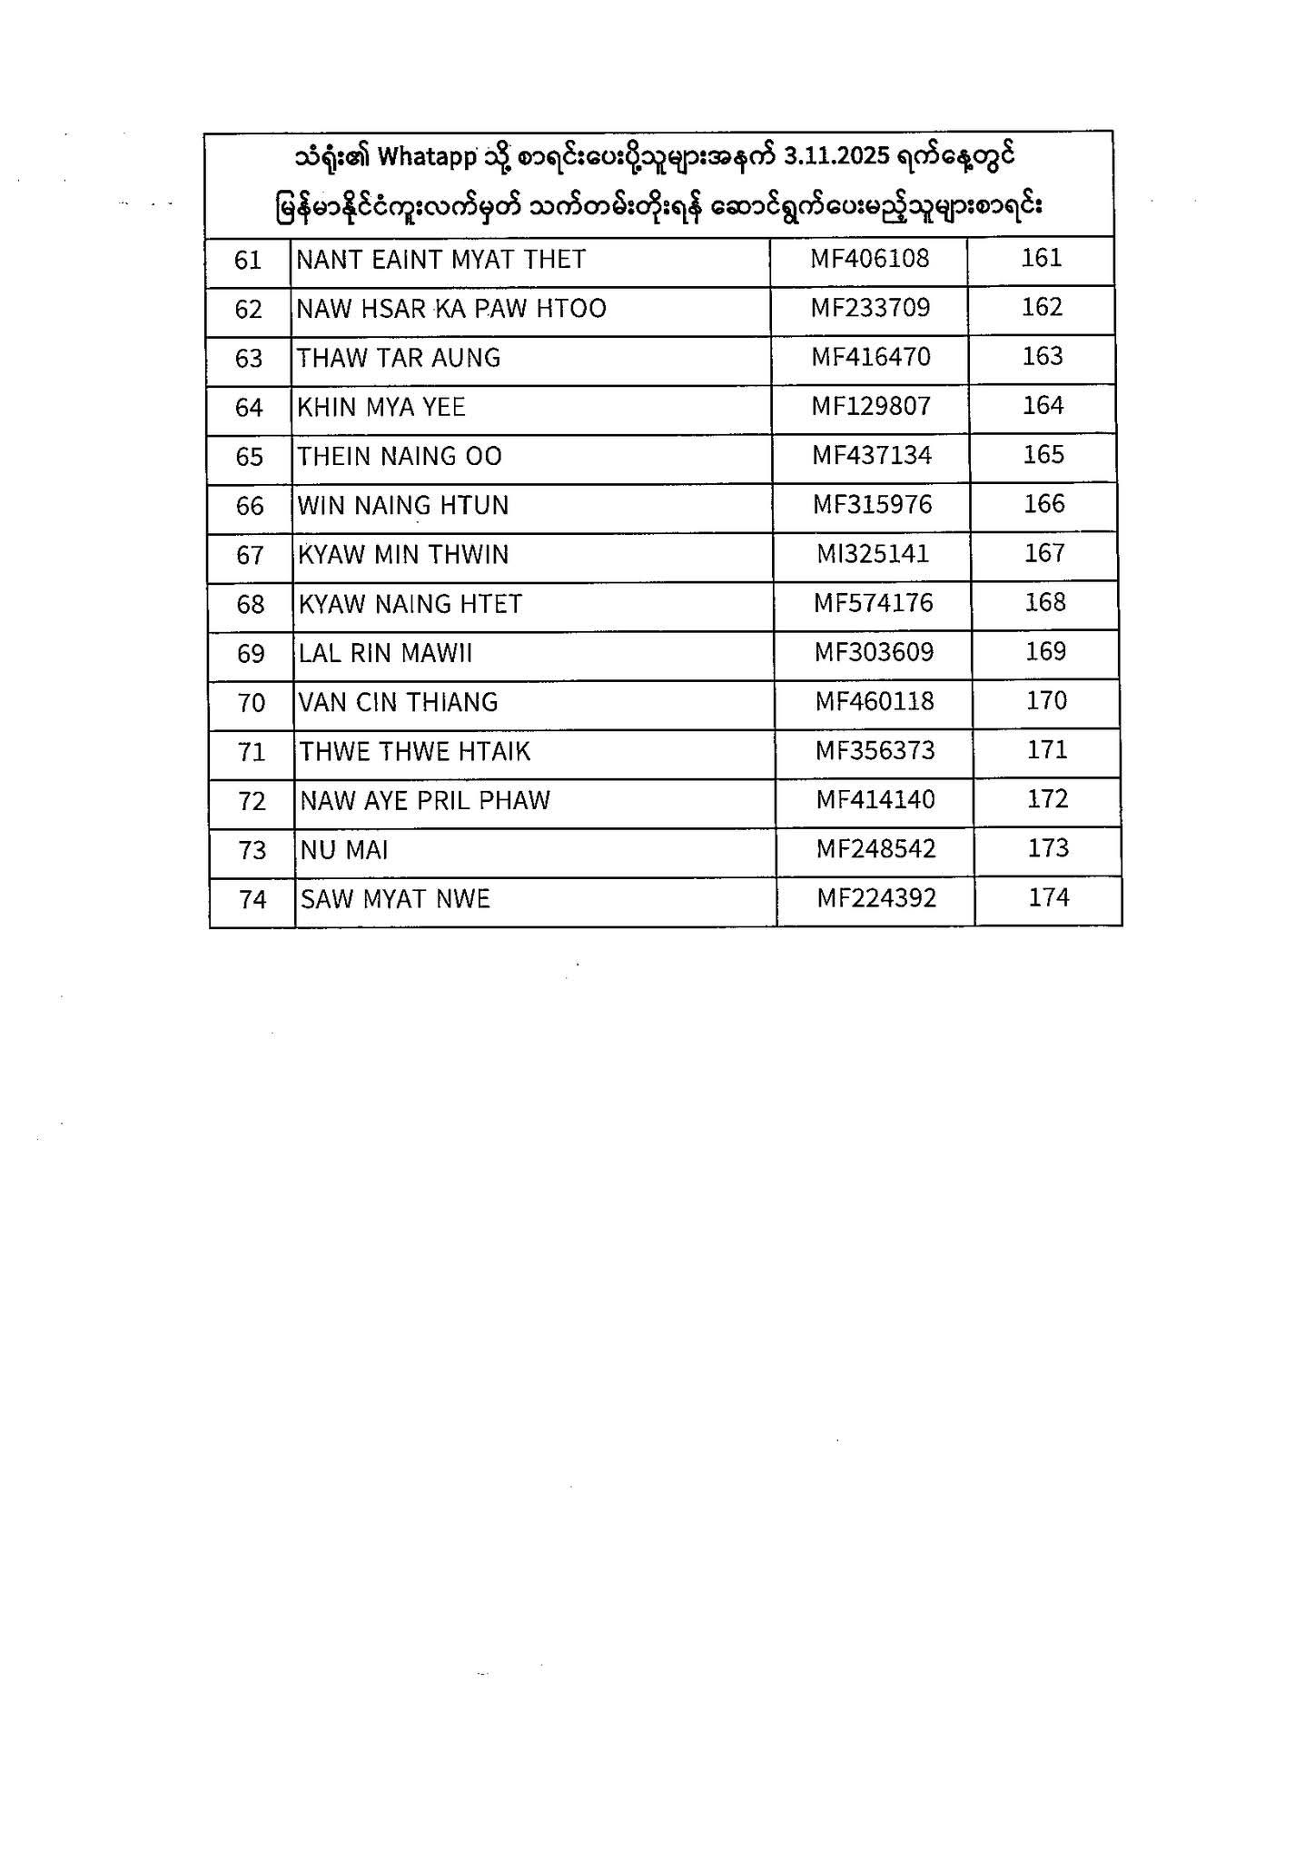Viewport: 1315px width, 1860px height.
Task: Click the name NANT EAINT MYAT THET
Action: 440,260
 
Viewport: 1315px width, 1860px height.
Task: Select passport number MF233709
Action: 870,308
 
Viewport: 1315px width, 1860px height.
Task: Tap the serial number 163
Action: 1042,356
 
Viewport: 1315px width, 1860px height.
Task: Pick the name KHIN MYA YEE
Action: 381,407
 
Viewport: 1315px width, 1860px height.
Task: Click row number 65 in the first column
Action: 249,456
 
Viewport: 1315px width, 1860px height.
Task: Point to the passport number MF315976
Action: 872,504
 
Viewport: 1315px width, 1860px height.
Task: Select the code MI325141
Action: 873,553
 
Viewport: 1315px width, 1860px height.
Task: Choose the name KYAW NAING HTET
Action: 410,603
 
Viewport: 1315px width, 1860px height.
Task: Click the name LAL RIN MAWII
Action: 385,653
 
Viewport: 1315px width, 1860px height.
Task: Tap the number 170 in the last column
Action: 1046,700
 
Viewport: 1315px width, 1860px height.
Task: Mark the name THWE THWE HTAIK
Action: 415,751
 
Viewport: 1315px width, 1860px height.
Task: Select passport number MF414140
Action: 875,800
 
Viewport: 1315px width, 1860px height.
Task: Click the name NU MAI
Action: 344,850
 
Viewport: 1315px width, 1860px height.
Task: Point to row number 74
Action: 252,899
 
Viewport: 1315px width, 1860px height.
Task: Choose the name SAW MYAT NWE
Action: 395,899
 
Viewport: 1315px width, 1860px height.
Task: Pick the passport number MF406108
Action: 870,259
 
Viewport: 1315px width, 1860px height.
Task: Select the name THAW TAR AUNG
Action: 399,358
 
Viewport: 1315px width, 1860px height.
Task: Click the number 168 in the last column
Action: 1044,602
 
